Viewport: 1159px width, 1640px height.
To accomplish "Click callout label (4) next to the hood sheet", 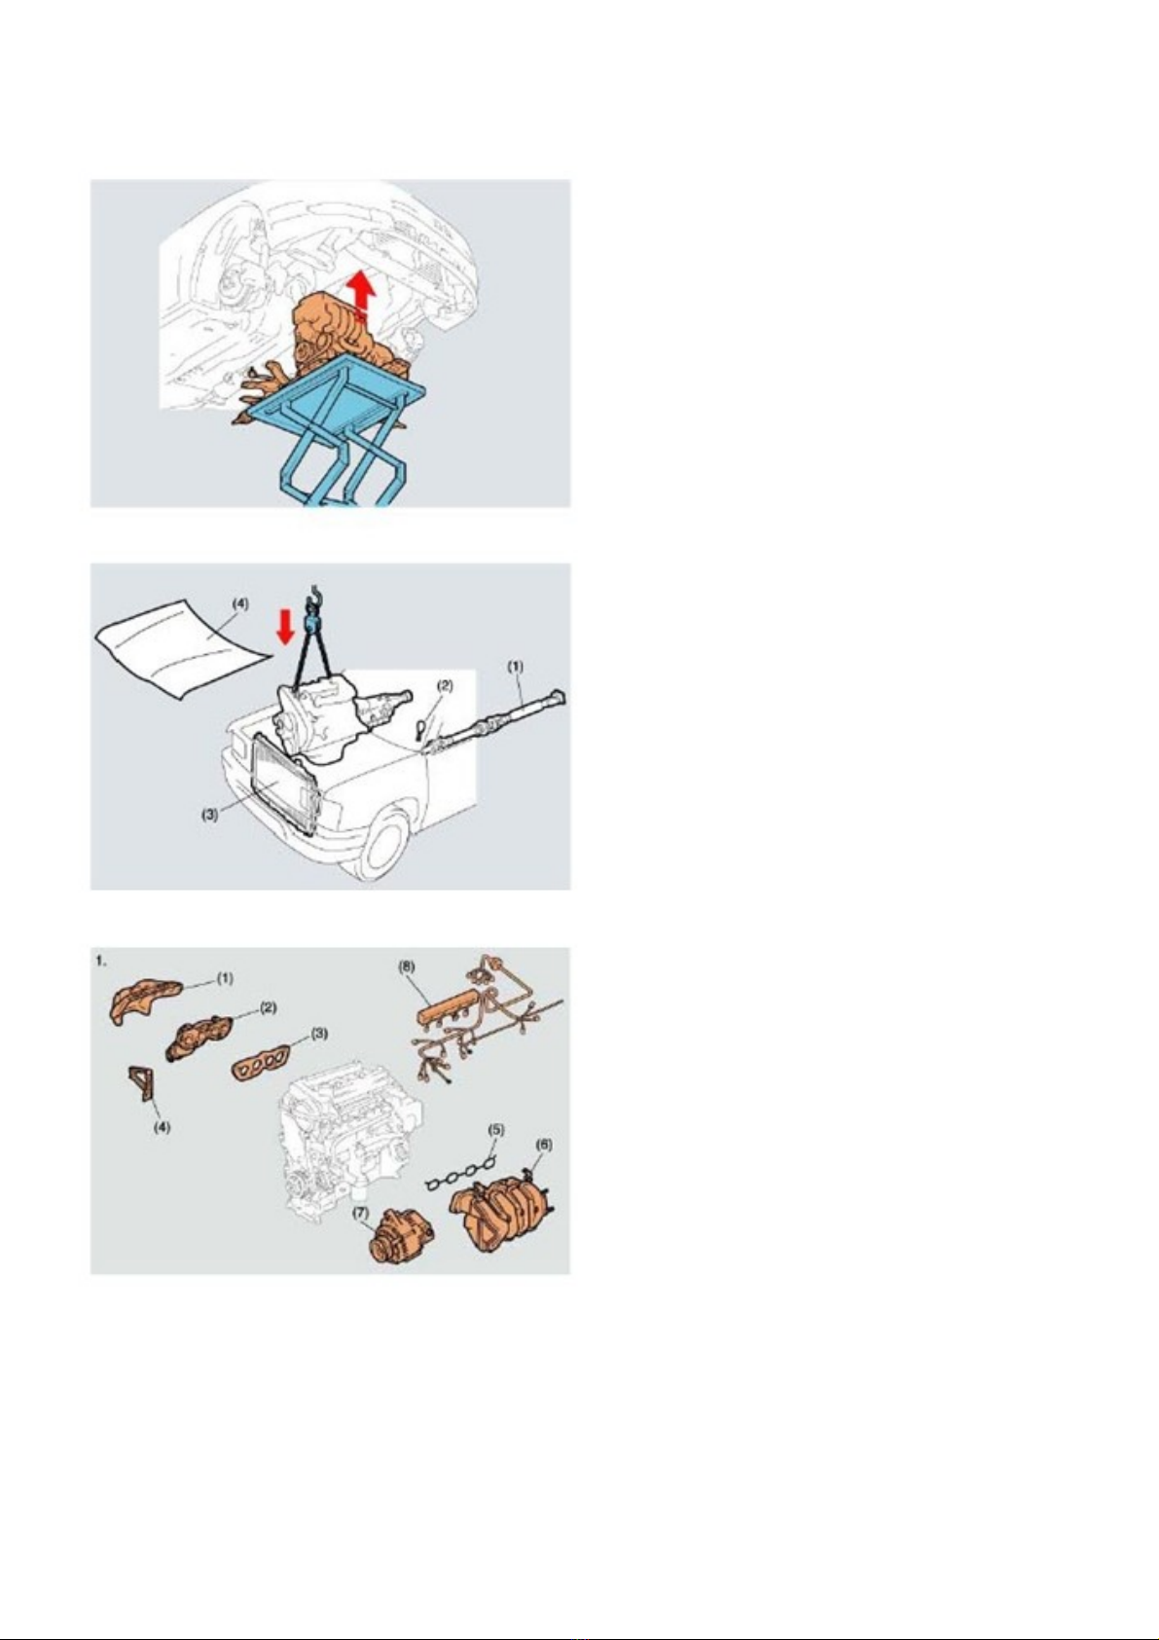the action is tap(240, 604).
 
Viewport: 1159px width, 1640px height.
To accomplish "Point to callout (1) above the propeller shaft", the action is tap(517, 667).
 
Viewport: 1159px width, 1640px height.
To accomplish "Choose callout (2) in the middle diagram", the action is tap(445, 686).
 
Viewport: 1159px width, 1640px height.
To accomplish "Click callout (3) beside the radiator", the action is tap(211, 816).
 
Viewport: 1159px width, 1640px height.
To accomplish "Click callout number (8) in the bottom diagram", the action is tap(407, 966).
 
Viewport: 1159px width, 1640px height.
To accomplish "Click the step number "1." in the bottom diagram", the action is tap(102, 961).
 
